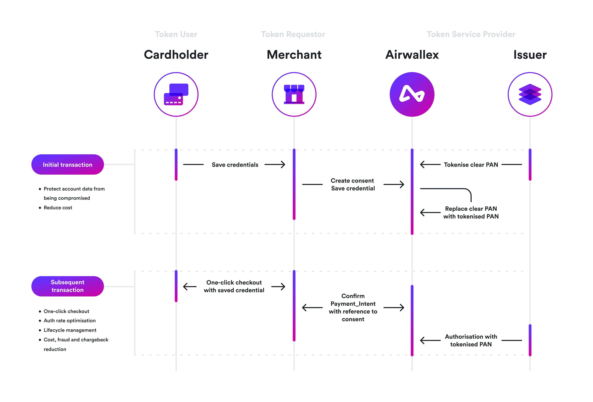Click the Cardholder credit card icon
(x=176, y=94)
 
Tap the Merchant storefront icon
(x=294, y=94)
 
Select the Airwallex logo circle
(x=412, y=94)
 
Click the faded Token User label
(x=176, y=34)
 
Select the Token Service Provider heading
(x=471, y=34)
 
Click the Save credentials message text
(x=235, y=165)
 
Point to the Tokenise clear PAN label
(x=471, y=165)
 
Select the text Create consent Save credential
(x=353, y=185)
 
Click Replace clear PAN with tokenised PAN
(x=471, y=212)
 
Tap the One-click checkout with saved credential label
(x=234, y=286)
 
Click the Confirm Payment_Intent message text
(x=353, y=308)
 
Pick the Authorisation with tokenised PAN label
(x=471, y=340)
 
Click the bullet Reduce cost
(x=58, y=208)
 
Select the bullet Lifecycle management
(x=70, y=330)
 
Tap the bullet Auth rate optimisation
(x=70, y=320)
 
